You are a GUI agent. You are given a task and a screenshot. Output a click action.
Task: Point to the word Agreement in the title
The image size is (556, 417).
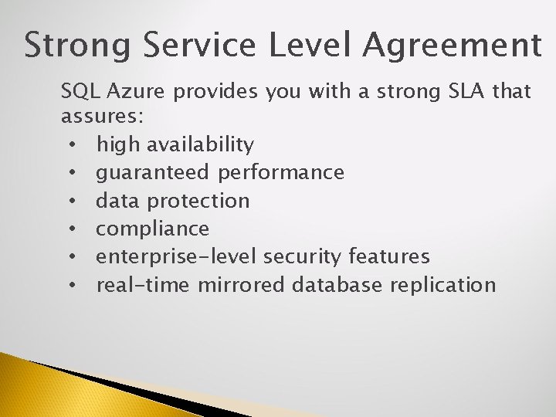click(453, 46)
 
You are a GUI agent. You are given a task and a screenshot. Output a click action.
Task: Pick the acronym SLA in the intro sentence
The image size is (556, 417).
click(461, 93)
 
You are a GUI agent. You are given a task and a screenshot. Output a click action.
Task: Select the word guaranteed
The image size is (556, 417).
click(153, 173)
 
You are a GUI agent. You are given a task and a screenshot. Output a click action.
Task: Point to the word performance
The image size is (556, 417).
click(281, 173)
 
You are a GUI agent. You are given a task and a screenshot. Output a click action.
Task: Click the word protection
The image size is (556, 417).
click(198, 202)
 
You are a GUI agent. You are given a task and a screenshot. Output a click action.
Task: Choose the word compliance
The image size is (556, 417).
click(152, 229)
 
